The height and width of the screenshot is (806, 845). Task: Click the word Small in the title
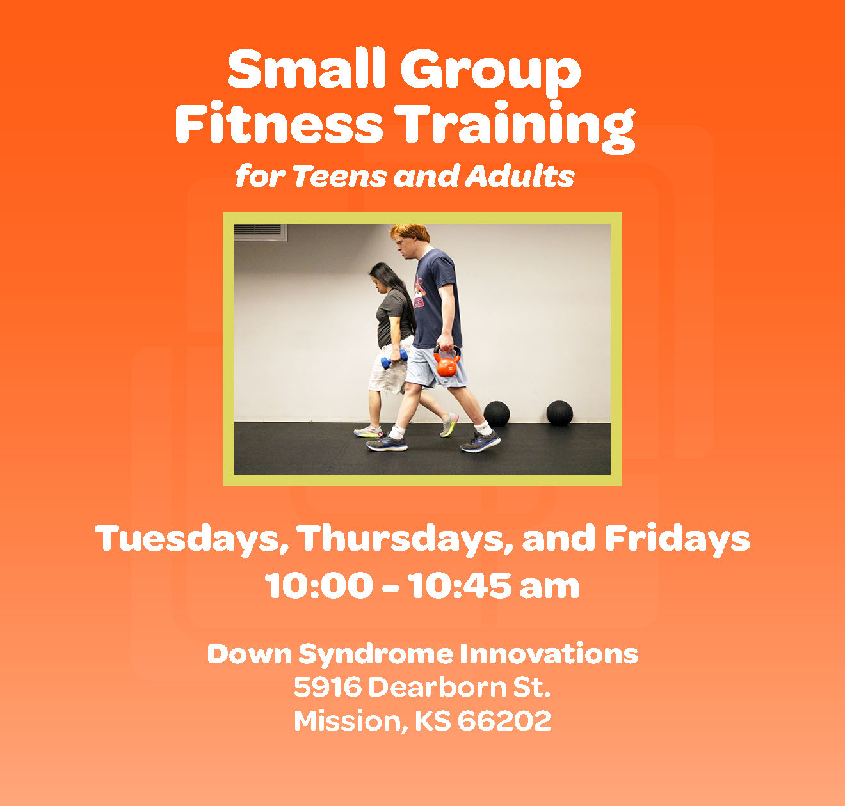tap(306, 68)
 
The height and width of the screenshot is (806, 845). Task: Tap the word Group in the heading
tap(491, 73)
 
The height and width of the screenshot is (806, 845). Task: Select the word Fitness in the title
tap(278, 122)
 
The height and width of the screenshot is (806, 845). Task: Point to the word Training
tap(514, 127)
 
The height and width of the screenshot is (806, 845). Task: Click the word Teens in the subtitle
tap(341, 176)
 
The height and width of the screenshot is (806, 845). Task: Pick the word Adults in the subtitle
tap(520, 176)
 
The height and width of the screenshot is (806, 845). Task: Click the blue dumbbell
tap(394, 359)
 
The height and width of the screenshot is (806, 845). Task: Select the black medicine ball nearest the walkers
tap(496, 414)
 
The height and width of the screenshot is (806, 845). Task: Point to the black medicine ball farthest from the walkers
tap(559, 413)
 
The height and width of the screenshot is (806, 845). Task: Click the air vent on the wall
tap(260, 232)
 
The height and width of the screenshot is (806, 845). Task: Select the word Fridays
tap(677, 539)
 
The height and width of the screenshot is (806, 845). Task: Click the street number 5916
tap(328, 687)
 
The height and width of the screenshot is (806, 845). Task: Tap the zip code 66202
tap(504, 720)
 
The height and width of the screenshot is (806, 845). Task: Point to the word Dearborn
tap(437, 687)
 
